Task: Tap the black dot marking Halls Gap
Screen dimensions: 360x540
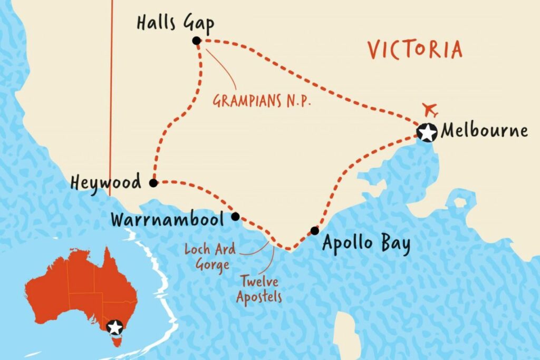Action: [x=197, y=41]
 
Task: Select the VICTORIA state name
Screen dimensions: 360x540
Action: [x=415, y=50]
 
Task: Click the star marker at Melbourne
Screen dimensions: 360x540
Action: [x=426, y=132]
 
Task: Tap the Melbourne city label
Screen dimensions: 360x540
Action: [x=484, y=131]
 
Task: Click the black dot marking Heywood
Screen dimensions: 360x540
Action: [x=153, y=183]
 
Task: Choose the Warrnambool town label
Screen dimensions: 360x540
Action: [x=168, y=219]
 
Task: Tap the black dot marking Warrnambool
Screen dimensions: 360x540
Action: [x=236, y=216]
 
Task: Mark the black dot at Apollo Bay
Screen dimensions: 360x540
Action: [x=314, y=230]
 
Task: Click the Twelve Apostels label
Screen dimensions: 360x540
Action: [x=259, y=290]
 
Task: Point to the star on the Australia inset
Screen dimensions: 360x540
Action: [x=114, y=327]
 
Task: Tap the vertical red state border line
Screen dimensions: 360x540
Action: [x=111, y=105]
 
